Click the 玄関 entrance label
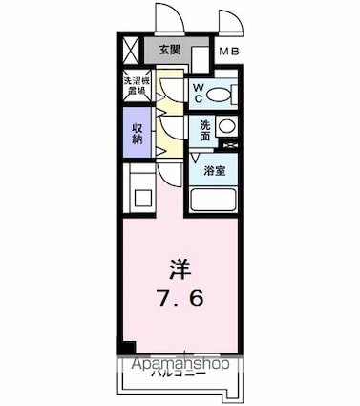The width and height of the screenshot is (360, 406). pyautogui.click(x=168, y=50)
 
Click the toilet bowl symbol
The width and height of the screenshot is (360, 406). pyautogui.click(x=218, y=95)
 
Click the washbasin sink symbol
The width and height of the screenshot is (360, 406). pyautogui.click(x=226, y=126)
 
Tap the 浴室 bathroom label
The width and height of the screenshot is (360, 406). pyautogui.click(x=215, y=171)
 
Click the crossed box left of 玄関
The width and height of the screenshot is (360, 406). pyautogui.click(x=131, y=49)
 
